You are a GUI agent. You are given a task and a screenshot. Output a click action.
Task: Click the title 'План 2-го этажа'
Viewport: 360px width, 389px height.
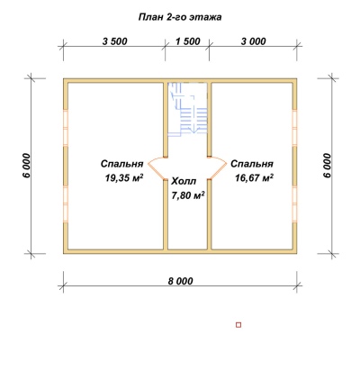point(180,17)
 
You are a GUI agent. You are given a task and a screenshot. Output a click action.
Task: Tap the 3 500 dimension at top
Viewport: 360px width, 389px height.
point(114,41)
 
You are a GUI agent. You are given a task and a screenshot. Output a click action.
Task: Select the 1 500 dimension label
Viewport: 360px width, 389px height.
point(188,41)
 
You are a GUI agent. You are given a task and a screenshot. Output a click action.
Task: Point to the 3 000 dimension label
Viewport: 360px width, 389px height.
point(253,41)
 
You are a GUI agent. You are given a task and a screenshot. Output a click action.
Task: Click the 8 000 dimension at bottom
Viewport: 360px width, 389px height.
point(180,281)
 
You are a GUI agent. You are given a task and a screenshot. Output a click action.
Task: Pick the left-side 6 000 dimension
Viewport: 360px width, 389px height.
point(26,166)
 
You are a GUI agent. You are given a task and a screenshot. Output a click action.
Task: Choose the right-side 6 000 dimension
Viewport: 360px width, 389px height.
point(327,166)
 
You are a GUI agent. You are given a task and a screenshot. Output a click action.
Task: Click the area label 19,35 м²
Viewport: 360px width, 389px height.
point(124,177)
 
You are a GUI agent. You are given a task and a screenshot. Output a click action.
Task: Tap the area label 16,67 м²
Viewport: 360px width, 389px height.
point(254,177)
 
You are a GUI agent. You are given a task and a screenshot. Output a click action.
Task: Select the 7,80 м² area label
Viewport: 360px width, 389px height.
point(188,195)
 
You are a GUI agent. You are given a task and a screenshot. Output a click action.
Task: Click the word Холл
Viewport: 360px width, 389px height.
point(184,181)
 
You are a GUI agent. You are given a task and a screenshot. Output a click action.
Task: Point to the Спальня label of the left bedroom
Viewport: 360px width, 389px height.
point(121,164)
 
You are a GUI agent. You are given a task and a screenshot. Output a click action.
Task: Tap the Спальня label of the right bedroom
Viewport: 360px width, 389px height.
point(252,164)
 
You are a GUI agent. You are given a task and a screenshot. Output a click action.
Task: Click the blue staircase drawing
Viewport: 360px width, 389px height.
point(187,110)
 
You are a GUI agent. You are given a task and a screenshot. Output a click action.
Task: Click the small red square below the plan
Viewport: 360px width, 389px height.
point(238,325)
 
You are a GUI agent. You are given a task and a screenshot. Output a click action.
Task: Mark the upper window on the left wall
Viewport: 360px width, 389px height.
point(66,128)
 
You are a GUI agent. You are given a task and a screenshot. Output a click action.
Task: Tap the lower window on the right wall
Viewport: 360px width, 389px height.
point(294,204)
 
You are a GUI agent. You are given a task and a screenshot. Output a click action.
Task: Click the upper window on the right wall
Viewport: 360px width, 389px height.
point(294,128)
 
